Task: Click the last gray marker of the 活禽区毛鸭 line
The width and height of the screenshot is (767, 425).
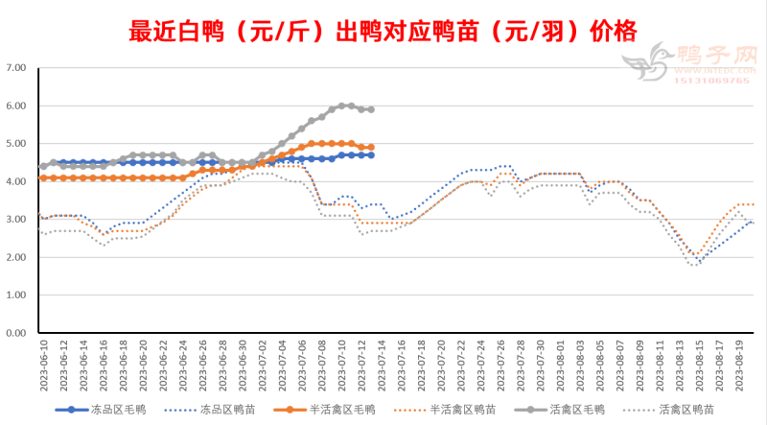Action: [371, 109]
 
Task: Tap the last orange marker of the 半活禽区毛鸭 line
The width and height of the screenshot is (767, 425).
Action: [371, 148]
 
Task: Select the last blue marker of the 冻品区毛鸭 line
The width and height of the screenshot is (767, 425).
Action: [371, 155]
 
